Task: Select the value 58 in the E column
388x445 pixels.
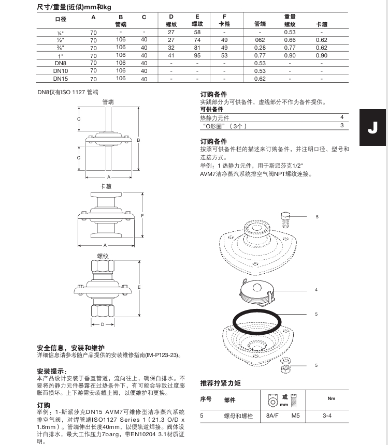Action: point(197,32)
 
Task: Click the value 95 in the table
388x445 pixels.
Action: point(197,55)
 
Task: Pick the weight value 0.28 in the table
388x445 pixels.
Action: point(260,48)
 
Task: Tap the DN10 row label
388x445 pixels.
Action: point(61,71)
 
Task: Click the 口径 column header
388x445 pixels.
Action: point(61,19)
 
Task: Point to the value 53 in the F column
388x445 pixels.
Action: point(224,55)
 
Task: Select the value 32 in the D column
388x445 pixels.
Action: point(171,48)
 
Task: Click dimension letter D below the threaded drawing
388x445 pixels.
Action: point(103,324)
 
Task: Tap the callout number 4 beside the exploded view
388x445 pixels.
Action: point(316,290)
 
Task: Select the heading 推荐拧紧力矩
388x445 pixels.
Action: point(220,383)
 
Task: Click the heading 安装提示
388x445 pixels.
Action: point(51,371)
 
